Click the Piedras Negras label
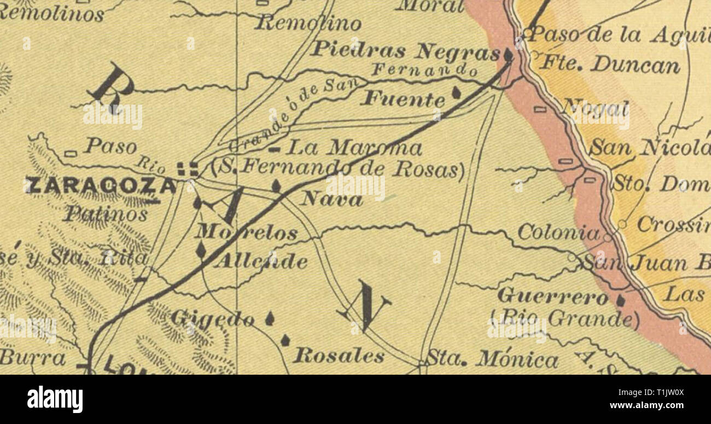pos(405,50)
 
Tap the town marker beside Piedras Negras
pos(508,55)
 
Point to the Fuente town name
pos(405,99)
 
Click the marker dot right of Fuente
pos(456,93)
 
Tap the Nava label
pos(331,199)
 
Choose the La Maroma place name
pos(354,148)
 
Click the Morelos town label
pos(247,233)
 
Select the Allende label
pos(261,261)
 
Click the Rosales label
pos(339,356)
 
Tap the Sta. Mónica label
pos(492,359)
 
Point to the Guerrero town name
pos(552,297)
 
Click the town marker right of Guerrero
pos(620,300)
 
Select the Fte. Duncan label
pos(610,65)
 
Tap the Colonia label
pos(558,233)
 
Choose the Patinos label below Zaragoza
pos(105,213)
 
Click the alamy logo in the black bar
pos(55,399)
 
